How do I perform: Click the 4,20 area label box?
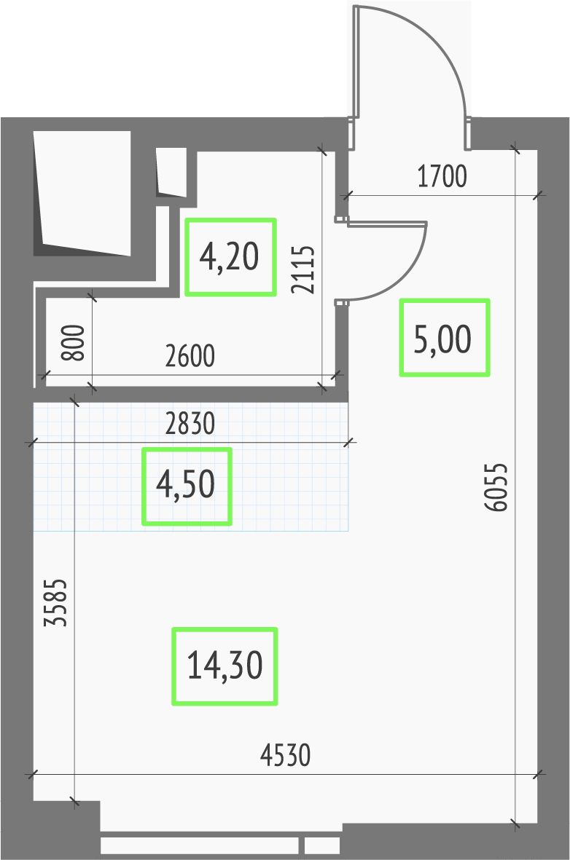click(230, 257)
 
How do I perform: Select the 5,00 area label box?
click(444, 337)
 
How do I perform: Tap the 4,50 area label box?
click(187, 486)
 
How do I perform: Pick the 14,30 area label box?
click(225, 666)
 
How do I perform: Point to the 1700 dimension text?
click(442, 176)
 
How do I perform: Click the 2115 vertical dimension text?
click(303, 269)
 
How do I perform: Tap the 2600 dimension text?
click(190, 356)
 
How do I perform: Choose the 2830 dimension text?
click(190, 424)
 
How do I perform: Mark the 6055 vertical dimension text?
click(497, 488)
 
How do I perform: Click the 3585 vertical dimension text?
click(57, 602)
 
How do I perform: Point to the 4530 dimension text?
click(286, 755)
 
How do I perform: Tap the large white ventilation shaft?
click(83, 193)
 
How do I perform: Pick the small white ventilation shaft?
click(171, 172)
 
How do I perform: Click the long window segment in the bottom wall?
click(199, 845)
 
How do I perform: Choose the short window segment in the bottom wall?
click(322, 845)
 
